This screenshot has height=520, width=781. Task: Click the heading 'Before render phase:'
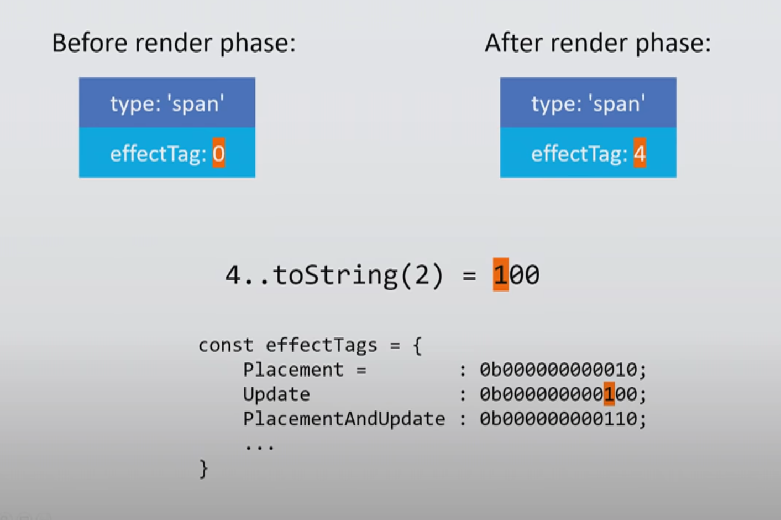pyautogui.click(x=174, y=43)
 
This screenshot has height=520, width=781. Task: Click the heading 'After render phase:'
pyautogui.click(x=597, y=43)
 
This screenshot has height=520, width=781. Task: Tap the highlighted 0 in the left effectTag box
pyautogui.click(x=219, y=153)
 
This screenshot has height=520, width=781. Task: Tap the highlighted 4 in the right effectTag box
pyautogui.click(x=640, y=153)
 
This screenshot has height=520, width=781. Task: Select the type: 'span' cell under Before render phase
pyautogui.click(x=167, y=103)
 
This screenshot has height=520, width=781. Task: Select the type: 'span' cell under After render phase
pyautogui.click(x=588, y=103)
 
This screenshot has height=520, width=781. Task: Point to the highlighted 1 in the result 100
pyautogui.click(x=500, y=275)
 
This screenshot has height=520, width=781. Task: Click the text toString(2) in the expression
pyautogui.click(x=358, y=275)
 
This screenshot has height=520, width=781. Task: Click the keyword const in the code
pyautogui.click(x=226, y=345)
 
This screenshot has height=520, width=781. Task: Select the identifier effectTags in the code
pyautogui.click(x=321, y=345)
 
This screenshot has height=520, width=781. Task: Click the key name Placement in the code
pyautogui.click(x=293, y=370)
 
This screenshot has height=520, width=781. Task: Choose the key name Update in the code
pyautogui.click(x=276, y=394)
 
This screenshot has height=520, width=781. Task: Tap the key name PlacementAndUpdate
pyautogui.click(x=344, y=419)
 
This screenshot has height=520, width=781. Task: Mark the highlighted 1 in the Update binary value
pyautogui.click(x=609, y=394)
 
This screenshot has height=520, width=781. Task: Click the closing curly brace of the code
pyautogui.click(x=203, y=469)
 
